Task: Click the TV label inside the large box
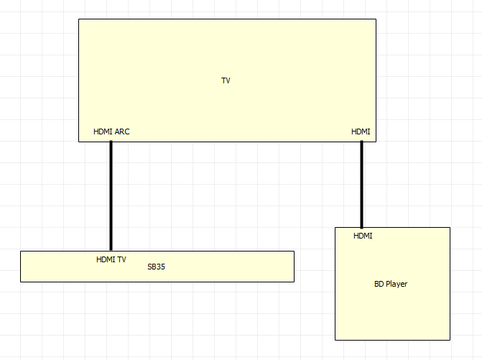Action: [x=226, y=80]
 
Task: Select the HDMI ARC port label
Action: [x=111, y=131]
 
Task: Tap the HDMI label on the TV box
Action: [x=361, y=131]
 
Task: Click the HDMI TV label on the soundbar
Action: [x=111, y=259]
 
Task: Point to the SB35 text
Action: [x=157, y=267]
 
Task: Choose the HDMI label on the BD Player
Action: [x=363, y=236]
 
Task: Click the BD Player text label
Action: [x=391, y=284]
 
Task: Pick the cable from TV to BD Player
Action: [x=361, y=184]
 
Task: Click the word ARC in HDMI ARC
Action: [x=121, y=131]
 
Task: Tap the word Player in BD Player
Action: [x=397, y=284]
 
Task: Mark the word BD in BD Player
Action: [x=379, y=284]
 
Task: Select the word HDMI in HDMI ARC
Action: [x=103, y=131]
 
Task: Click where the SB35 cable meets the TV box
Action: [x=111, y=142]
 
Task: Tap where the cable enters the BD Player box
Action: [x=361, y=227]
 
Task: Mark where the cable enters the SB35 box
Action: [x=111, y=251]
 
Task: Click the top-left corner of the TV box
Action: [x=79, y=19]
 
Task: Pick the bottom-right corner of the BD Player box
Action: [x=450, y=339]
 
